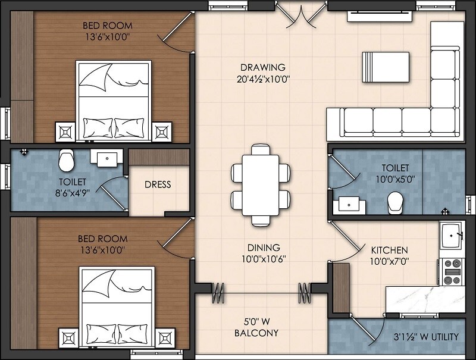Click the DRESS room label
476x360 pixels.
click(158, 184)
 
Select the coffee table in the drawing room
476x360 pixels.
click(386, 65)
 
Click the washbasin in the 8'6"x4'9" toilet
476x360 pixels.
click(107, 158)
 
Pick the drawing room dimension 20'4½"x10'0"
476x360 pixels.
click(263, 79)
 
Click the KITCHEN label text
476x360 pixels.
click(389, 250)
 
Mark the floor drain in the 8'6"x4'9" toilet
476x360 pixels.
click(24, 152)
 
